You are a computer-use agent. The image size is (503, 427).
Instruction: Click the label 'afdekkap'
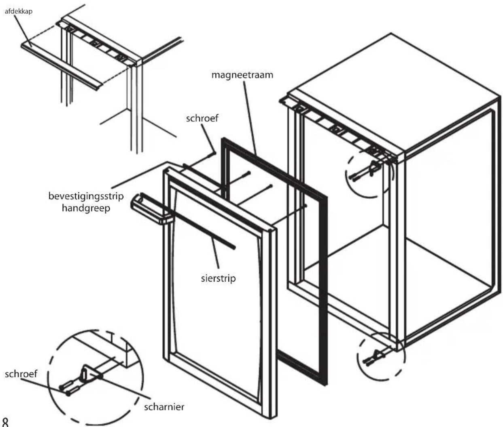click(x=19, y=11)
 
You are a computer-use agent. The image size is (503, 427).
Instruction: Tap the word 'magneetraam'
click(x=242, y=75)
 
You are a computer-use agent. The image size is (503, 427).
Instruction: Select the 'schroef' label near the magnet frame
click(x=202, y=118)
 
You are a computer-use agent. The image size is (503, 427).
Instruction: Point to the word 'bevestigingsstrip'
click(x=86, y=196)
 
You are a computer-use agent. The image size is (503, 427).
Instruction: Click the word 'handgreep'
click(x=86, y=208)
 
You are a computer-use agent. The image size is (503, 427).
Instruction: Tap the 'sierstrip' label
click(x=218, y=278)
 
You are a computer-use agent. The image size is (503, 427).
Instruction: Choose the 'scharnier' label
click(x=164, y=407)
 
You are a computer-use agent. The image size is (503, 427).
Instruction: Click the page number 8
click(x=5, y=422)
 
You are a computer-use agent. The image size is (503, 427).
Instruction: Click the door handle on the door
click(x=152, y=209)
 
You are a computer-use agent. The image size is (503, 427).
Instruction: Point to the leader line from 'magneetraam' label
click(x=250, y=118)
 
